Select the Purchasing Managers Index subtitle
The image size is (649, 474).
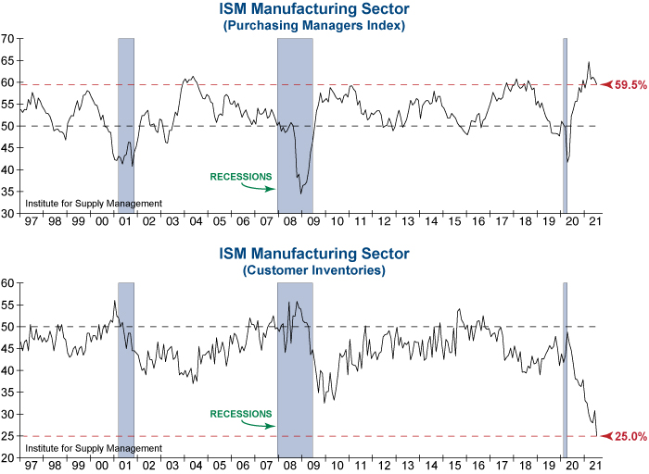coord(314,26)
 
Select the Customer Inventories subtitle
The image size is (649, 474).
coord(314,270)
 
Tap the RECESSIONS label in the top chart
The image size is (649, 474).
coord(241,176)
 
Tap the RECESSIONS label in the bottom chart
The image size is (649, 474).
coord(241,414)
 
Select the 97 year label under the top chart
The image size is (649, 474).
coord(32,222)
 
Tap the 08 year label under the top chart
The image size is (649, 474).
coord(291,222)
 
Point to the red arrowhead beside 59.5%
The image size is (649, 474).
coord(606,84)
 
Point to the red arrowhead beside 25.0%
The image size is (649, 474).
coord(606,436)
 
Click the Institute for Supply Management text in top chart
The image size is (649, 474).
coord(94,204)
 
